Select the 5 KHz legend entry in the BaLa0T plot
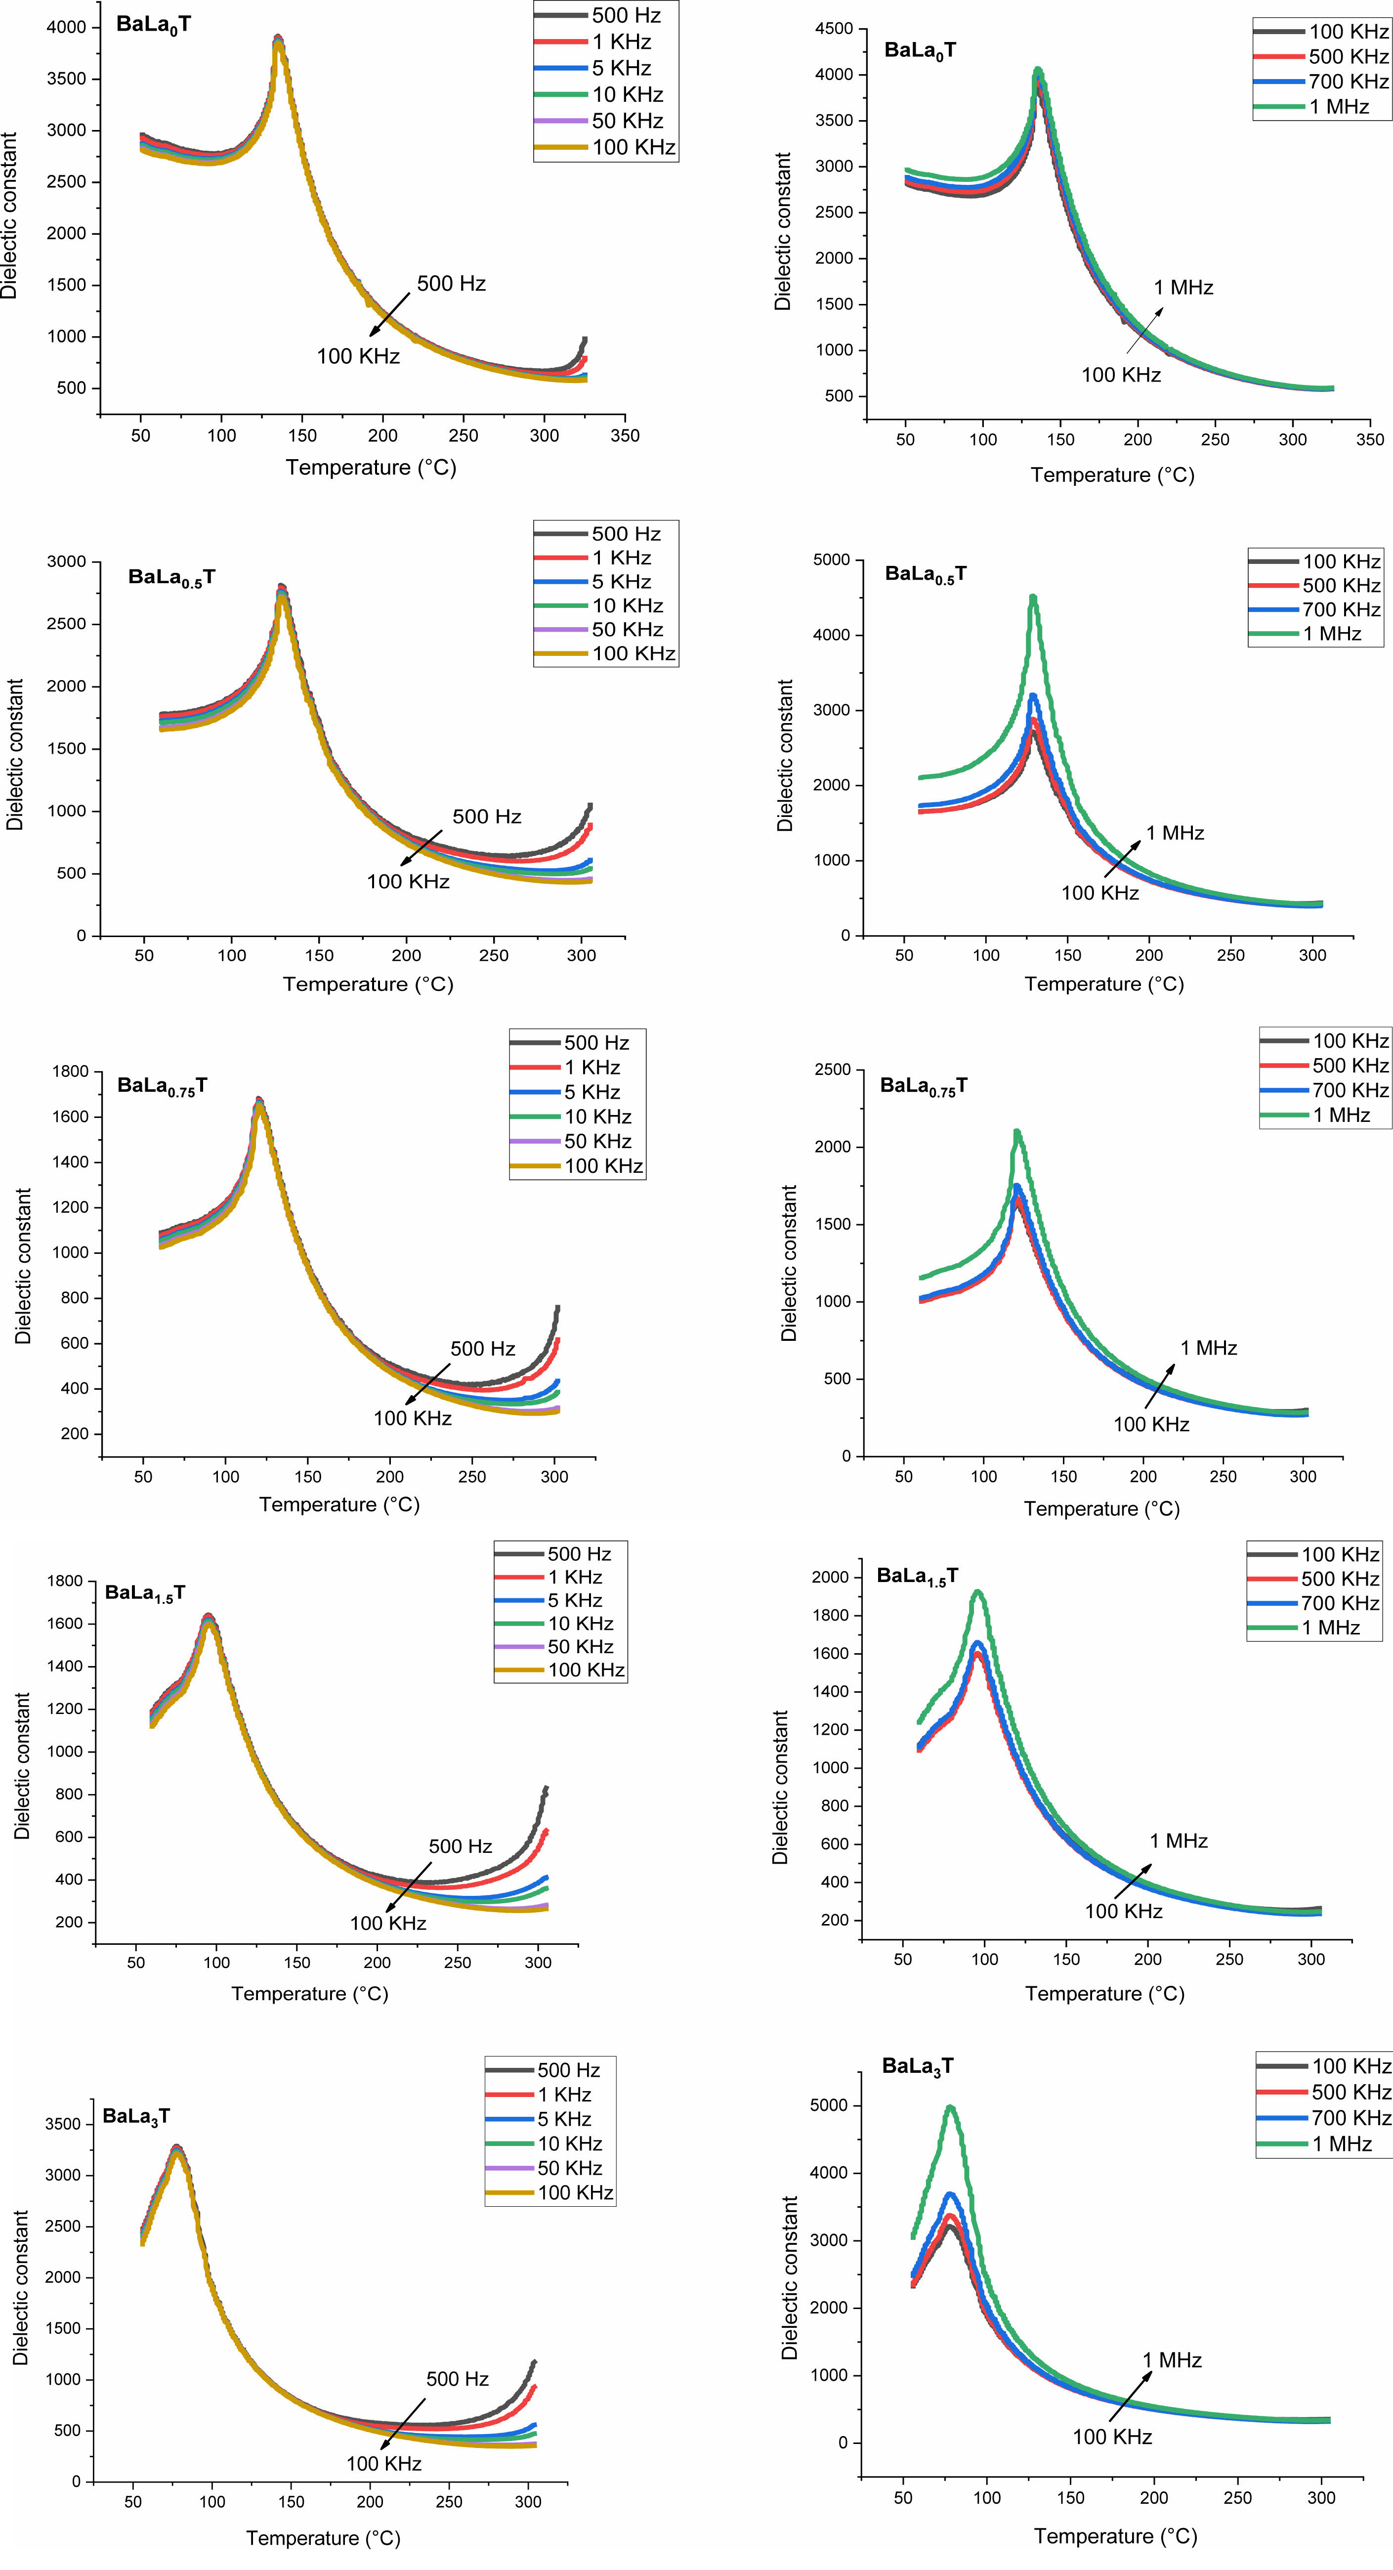(x=621, y=68)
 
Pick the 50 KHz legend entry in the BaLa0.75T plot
(x=597, y=1141)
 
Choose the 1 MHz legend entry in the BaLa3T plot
(x=1341, y=2144)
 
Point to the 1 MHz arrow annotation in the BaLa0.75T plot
(x=1207, y=1348)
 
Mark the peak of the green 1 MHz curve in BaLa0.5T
(x=1033, y=598)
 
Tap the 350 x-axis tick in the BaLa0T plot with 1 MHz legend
(x=1370, y=439)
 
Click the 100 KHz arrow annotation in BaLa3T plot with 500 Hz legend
(x=383, y=2463)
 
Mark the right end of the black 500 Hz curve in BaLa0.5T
(x=591, y=805)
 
